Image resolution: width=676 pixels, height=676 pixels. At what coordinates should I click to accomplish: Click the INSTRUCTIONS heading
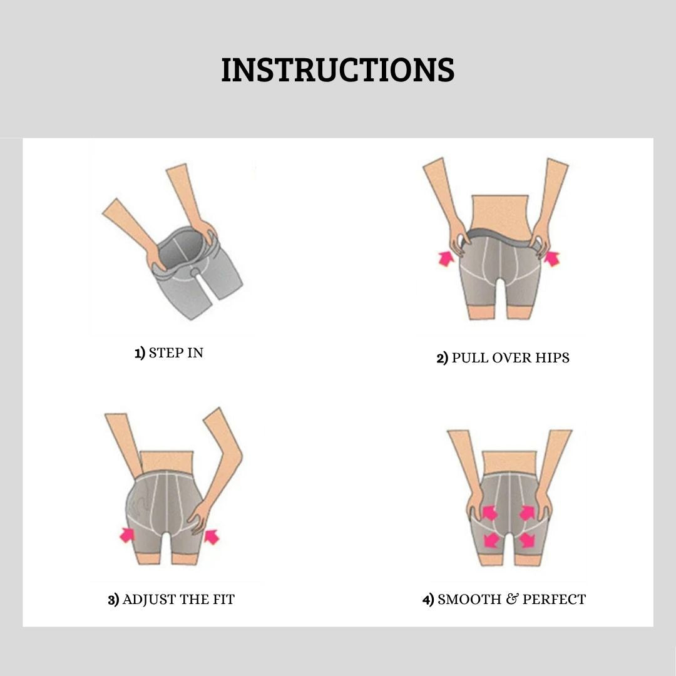337,70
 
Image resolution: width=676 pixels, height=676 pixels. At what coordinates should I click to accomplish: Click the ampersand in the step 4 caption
512,599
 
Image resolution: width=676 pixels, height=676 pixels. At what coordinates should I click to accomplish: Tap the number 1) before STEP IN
140,353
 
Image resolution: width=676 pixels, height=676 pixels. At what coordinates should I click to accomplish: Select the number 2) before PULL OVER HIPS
443,358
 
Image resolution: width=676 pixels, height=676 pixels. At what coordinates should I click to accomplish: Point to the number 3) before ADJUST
113,600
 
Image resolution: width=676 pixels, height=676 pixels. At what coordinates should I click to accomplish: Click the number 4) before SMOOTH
428,600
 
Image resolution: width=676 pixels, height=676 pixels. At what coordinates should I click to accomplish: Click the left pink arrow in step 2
446,259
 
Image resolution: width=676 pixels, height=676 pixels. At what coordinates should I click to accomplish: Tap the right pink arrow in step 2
552,259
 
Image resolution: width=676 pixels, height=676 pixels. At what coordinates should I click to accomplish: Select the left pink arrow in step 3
126,535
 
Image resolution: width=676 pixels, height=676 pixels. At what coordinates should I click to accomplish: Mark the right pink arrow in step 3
212,537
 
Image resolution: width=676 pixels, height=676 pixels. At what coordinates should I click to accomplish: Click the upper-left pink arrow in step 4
489,513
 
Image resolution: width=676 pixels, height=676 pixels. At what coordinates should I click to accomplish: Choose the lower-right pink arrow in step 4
527,540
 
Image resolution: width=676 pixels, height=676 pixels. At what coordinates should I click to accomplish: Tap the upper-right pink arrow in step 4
527,513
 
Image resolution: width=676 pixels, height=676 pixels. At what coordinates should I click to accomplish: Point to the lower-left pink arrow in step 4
491,540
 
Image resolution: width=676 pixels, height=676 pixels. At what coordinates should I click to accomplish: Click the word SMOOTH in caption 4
469,599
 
